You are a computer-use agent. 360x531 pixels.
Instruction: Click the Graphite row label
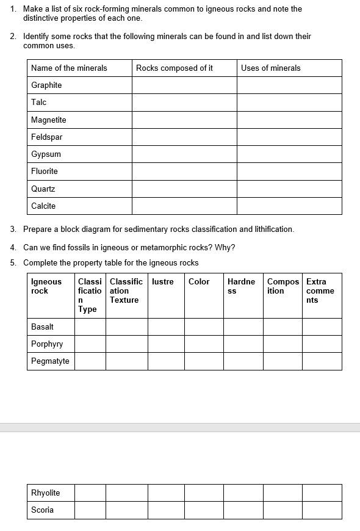(x=46, y=85)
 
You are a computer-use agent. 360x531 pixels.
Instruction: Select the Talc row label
(x=39, y=102)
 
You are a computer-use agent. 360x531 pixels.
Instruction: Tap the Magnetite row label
(x=49, y=120)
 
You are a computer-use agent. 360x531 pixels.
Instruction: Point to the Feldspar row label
(x=47, y=137)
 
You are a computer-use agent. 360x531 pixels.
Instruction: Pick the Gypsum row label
(x=46, y=154)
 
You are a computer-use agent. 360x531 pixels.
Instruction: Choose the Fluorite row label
(x=45, y=171)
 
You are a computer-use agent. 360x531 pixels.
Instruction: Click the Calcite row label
(x=43, y=206)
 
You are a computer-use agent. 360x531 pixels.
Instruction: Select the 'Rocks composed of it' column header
(x=175, y=68)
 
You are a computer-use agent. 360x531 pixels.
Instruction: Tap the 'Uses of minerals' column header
(x=271, y=68)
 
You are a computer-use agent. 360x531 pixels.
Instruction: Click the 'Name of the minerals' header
(x=69, y=68)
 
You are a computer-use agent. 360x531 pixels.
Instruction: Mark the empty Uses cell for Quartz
(x=289, y=189)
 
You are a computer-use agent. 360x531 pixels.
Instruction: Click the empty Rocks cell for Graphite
(x=184, y=85)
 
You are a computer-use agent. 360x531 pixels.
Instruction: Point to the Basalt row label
(x=43, y=327)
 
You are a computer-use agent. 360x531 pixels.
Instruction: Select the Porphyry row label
(x=47, y=344)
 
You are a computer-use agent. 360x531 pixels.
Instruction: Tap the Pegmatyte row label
(x=50, y=361)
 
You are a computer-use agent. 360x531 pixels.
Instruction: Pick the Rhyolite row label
(x=46, y=493)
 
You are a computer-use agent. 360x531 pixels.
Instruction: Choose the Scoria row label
(x=43, y=510)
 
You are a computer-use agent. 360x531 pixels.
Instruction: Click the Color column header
(x=199, y=281)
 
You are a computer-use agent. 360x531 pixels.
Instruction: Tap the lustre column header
(x=163, y=281)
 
